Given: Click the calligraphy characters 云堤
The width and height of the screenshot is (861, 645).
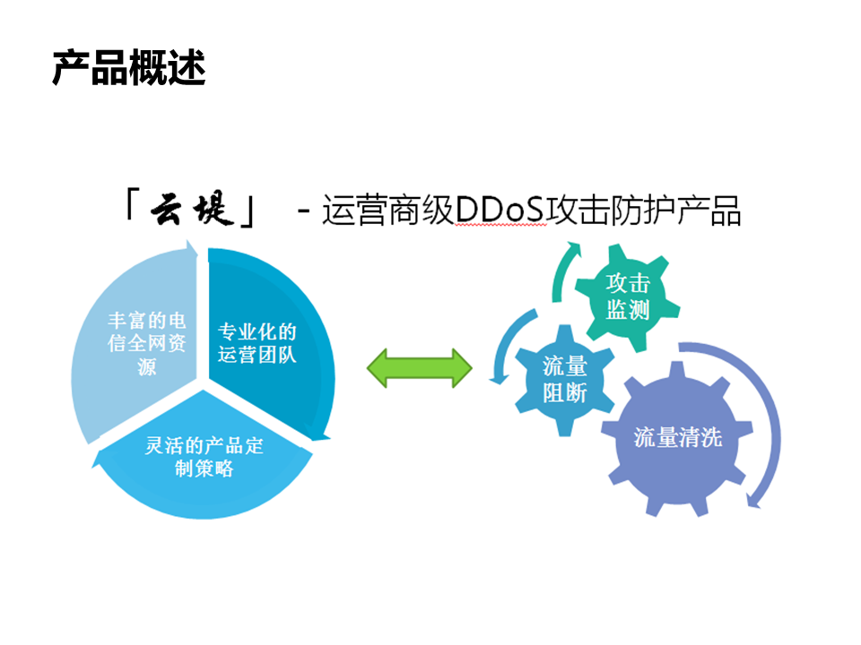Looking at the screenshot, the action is [x=192, y=209].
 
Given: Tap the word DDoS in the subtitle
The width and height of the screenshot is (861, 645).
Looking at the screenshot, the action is [x=500, y=210].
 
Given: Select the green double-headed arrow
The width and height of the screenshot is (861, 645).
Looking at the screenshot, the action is [x=420, y=368].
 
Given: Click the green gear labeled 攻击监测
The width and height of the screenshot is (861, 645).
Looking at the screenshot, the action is [x=628, y=297].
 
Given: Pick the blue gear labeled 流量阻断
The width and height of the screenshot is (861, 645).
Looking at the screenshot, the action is [x=565, y=380].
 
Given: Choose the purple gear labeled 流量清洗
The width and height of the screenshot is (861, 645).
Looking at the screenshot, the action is [x=678, y=438].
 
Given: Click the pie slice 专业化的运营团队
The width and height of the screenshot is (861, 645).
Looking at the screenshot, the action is [x=264, y=340].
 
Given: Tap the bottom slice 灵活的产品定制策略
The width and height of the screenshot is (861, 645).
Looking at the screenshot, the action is [x=204, y=460].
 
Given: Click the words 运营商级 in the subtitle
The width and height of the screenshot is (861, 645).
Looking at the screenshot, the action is [x=387, y=210].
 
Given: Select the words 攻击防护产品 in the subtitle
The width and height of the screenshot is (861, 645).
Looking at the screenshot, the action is [x=643, y=210].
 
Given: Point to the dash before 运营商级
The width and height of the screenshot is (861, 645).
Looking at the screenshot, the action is [x=304, y=211].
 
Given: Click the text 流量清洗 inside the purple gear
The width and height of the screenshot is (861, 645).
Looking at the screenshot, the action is [x=678, y=438].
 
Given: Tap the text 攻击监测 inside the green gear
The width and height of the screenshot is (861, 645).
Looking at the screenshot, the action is [x=628, y=297].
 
